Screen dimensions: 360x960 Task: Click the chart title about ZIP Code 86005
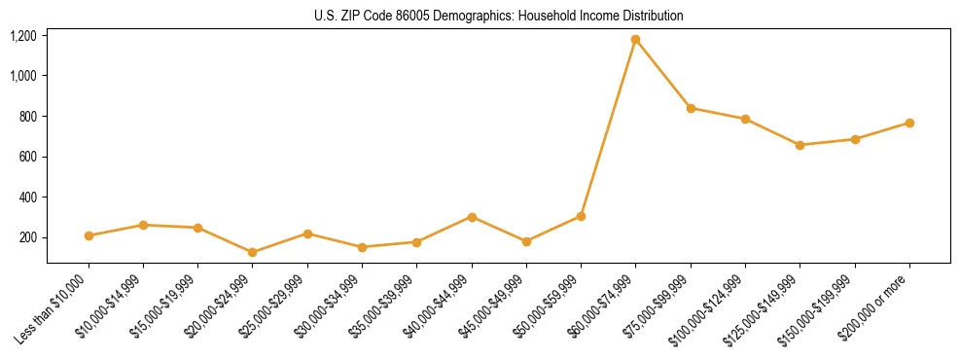click(x=499, y=16)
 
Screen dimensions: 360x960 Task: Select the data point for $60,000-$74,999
click(x=636, y=40)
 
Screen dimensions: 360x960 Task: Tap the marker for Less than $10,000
click(x=89, y=235)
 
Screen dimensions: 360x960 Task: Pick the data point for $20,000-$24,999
click(x=253, y=252)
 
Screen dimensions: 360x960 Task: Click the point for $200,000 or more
click(x=909, y=123)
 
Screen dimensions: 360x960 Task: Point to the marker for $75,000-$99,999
click(x=691, y=108)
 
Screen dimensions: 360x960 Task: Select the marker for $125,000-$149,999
click(x=800, y=145)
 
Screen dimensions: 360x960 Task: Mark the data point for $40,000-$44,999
click(x=472, y=217)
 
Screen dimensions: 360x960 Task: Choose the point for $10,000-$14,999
click(x=144, y=225)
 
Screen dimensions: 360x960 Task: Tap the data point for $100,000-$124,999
click(x=745, y=119)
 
